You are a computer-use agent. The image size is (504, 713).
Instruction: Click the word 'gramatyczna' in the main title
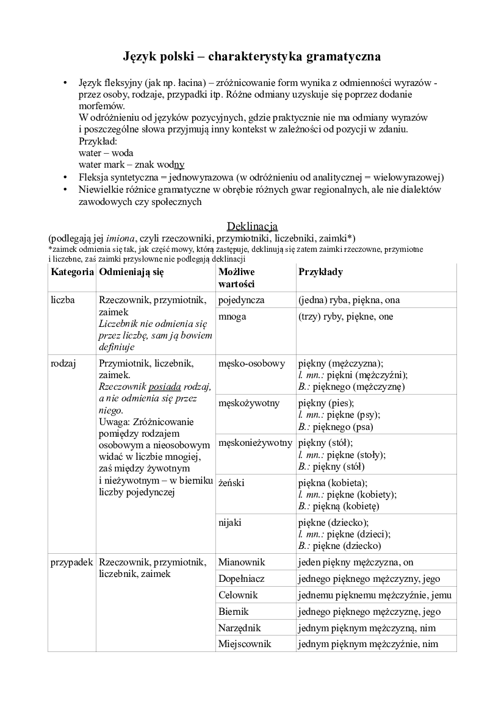click(x=341, y=57)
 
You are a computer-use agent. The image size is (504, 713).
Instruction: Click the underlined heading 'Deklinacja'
click(x=252, y=226)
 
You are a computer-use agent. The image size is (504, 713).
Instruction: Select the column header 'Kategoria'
click(x=72, y=271)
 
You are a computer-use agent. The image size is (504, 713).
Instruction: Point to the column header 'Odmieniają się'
click(x=131, y=271)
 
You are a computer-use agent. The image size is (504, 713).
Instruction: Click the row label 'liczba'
click(x=63, y=300)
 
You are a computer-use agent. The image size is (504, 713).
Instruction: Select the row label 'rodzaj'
click(x=63, y=364)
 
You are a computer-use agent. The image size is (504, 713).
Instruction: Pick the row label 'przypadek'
click(x=71, y=562)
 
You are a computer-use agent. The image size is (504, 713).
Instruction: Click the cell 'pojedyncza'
click(x=241, y=300)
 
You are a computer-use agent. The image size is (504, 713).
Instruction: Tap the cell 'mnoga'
click(x=232, y=317)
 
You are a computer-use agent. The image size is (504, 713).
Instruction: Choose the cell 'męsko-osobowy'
click(x=251, y=364)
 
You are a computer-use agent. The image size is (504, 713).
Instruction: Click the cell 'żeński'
click(x=231, y=482)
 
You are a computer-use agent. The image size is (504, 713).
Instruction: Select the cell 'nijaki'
click(x=230, y=523)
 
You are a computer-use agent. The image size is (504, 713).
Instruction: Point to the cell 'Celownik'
click(x=238, y=595)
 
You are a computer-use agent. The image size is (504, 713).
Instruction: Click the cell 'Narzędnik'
click(x=240, y=628)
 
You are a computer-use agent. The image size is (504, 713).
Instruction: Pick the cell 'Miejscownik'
click(x=245, y=643)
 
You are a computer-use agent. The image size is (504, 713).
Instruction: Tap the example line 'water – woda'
click(x=106, y=152)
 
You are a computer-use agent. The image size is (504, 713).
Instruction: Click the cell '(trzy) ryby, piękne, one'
click(x=345, y=317)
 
